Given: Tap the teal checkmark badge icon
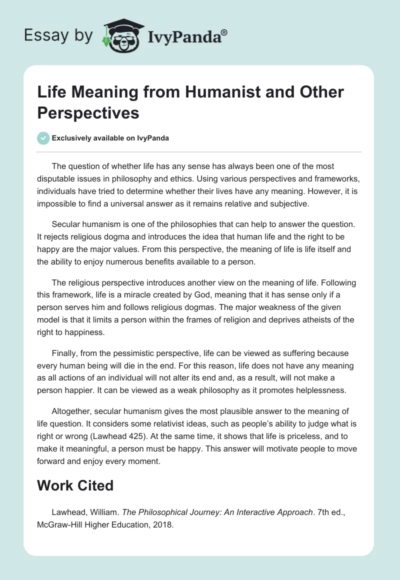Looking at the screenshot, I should [x=43, y=138].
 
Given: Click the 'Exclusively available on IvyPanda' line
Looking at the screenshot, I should [x=110, y=138].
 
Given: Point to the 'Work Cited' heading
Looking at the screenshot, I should [x=74, y=485].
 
